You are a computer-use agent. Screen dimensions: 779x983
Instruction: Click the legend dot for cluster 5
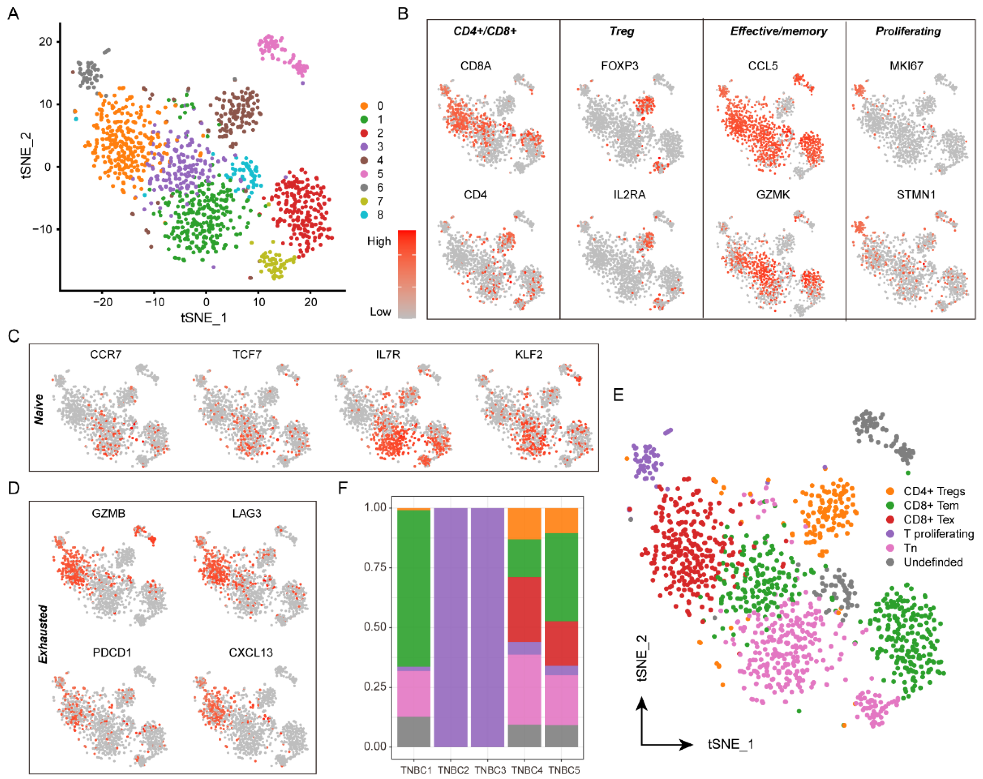[364, 174]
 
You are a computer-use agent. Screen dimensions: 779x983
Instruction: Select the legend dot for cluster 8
[364, 215]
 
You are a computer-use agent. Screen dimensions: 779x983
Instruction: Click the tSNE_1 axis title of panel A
[204, 318]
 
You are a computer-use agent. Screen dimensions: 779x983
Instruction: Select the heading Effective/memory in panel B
[778, 31]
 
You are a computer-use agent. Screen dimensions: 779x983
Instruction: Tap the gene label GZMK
[773, 195]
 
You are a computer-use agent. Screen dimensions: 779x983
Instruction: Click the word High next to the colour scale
[379, 241]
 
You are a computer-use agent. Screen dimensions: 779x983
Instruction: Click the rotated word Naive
[39, 409]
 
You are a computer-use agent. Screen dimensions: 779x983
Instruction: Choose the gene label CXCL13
[250, 652]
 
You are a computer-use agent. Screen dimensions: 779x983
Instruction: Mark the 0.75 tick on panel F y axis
[375, 567]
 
